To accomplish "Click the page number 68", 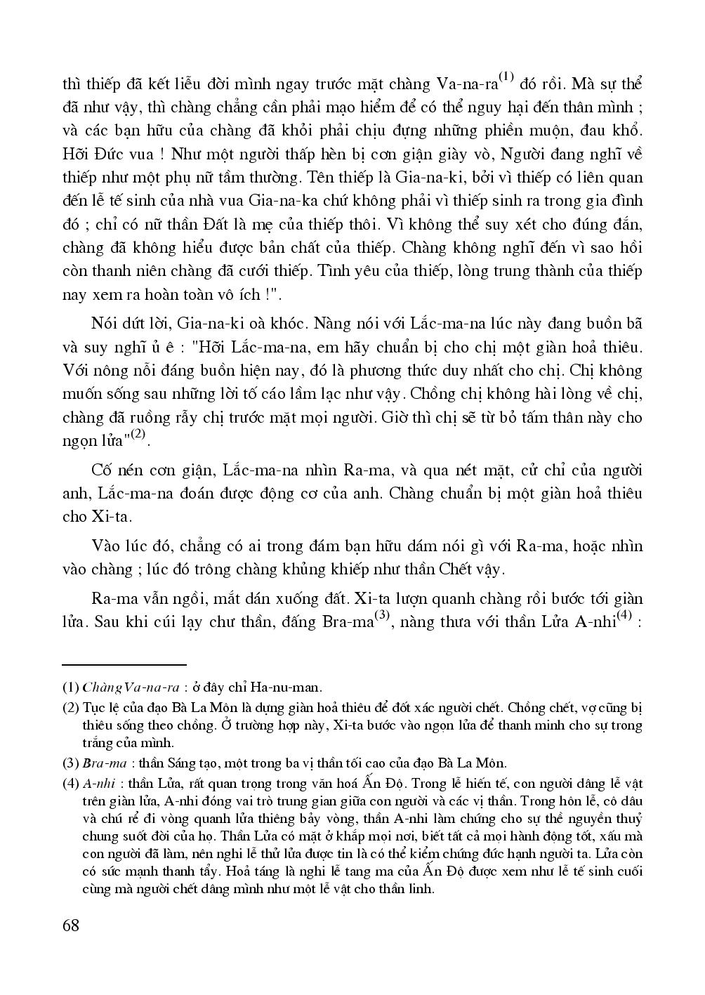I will pyautogui.click(x=71, y=924).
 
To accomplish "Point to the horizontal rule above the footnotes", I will pyautogui.click(x=124, y=664).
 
